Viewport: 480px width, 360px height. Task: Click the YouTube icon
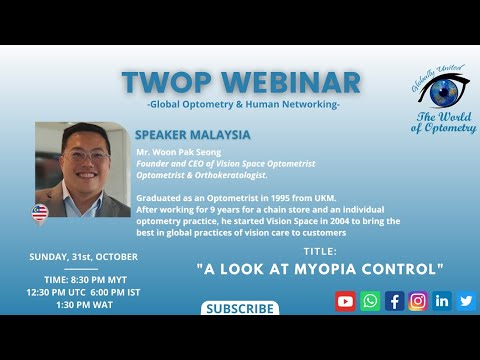pyautogui.click(x=346, y=300)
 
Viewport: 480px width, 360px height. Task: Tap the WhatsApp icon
pyautogui.click(x=370, y=300)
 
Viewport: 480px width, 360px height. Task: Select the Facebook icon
pyautogui.click(x=394, y=300)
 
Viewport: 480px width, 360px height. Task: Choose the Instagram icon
pyautogui.click(x=418, y=300)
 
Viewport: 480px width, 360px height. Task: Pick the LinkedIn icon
pyautogui.click(x=442, y=300)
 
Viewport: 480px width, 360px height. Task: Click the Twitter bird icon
pyautogui.click(x=466, y=300)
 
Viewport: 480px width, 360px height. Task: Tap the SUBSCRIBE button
pyautogui.click(x=240, y=309)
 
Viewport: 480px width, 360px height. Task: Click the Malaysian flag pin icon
pyautogui.click(x=40, y=213)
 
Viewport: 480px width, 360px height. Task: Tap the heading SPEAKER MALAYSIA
pyautogui.click(x=194, y=134)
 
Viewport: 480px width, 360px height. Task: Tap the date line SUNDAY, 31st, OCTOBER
pyautogui.click(x=84, y=257)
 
